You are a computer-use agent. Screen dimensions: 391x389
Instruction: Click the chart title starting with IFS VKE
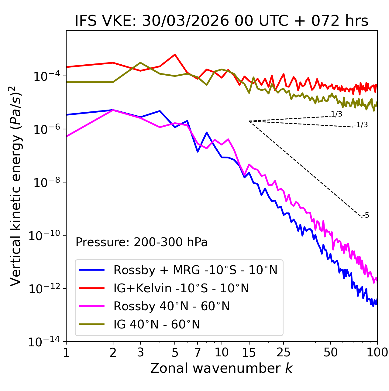point(222,21)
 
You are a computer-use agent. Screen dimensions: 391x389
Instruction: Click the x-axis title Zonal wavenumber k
point(222,368)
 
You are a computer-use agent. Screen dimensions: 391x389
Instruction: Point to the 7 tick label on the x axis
point(198,352)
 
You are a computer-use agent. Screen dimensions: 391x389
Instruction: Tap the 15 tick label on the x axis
point(249,352)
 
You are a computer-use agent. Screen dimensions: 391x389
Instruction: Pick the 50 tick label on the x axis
point(330,352)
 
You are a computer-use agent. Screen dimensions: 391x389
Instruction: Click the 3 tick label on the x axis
point(140,352)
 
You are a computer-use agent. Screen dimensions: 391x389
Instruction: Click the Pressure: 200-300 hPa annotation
point(142,242)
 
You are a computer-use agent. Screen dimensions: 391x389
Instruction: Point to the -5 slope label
point(366,216)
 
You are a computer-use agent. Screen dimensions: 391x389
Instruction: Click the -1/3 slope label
point(361,125)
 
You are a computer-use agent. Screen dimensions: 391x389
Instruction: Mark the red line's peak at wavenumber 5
point(175,55)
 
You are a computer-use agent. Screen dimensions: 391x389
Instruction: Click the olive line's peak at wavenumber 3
point(140,63)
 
